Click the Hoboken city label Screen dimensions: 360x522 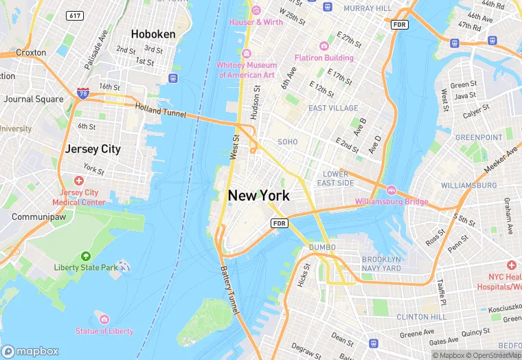tap(154, 34)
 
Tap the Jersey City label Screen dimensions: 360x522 tap(92, 148)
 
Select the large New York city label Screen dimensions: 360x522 tap(258, 196)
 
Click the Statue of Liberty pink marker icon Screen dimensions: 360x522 tap(104, 319)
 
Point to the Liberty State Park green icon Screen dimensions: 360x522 tap(85, 256)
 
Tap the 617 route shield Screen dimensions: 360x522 tap(74, 15)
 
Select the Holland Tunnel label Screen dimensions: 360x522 tap(160, 110)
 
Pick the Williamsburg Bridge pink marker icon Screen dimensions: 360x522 tap(391, 190)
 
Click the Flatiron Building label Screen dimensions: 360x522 tap(324, 58)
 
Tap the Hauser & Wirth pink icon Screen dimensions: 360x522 tap(256, 10)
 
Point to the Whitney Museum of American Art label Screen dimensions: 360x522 tap(246, 69)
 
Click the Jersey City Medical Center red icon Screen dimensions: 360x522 tap(79, 181)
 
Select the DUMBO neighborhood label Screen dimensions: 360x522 tap(321, 247)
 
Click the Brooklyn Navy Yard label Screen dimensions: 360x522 tap(381, 263)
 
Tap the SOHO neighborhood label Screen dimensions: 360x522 tap(287, 142)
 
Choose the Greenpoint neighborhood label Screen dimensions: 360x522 tap(479, 137)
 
